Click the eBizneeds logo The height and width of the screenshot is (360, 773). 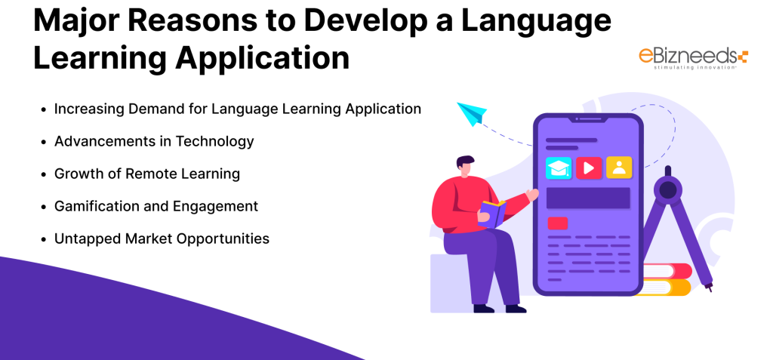click(x=691, y=57)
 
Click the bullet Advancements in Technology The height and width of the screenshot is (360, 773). click(x=154, y=141)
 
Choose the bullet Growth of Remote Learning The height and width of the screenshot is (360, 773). click(x=146, y=174)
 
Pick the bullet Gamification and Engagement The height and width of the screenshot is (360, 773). click(x=156, y=206)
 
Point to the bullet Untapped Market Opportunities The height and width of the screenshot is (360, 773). click(x=162, y=238)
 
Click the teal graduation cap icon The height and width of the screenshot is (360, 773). click(x=559, y=168)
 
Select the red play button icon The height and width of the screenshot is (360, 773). click(x=589, y=168)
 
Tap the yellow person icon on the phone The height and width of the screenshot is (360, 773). click(x=619, y=168)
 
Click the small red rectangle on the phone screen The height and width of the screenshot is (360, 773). click(x=558, y=223)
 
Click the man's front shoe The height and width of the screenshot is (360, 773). click(x=515, y=308)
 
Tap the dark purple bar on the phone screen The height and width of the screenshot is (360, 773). click(x=588, y=198)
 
